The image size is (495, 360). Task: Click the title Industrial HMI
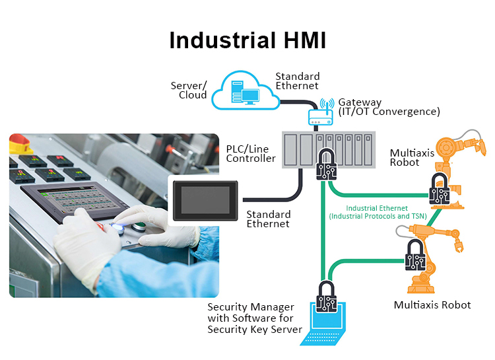[247, 40]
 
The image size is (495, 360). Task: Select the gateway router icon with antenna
[323, 117]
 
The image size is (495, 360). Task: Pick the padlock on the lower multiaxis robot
[414, 255]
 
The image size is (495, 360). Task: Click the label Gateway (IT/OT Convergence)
[389, 107]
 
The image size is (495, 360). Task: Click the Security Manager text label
[255, 318]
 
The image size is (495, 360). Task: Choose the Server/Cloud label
[189, 90]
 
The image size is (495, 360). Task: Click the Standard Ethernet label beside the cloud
[298, 81]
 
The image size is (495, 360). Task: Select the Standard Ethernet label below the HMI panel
[268, 219]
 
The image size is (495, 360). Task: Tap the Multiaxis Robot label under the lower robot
[432, 305]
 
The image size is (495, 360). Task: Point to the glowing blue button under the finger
[119, 225]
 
